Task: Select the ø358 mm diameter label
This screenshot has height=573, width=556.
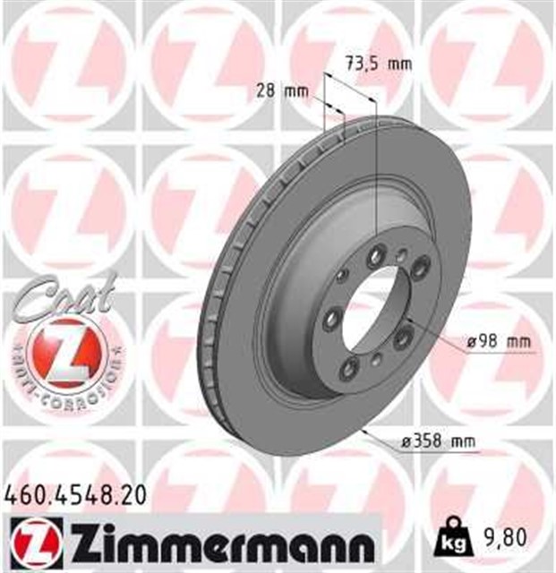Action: tap(438, 440)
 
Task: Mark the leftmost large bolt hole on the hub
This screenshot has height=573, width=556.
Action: tap(332, 317)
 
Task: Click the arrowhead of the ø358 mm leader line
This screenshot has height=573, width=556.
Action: tap(364, 432)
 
